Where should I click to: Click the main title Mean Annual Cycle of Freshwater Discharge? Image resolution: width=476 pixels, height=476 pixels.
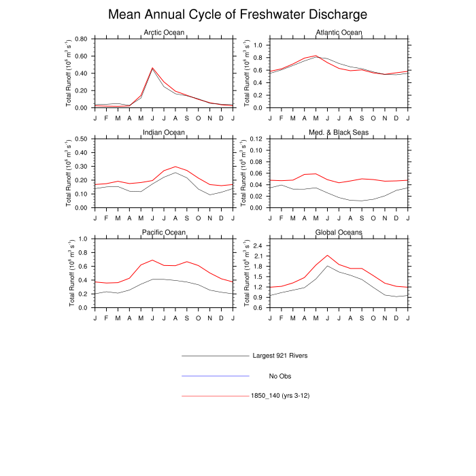238,14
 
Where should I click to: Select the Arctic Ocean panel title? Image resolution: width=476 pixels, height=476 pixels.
163,33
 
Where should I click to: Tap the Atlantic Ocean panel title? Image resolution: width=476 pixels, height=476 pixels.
339,33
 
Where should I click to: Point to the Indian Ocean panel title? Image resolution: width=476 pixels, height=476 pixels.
163,132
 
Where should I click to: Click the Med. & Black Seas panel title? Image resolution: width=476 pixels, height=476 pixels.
339,132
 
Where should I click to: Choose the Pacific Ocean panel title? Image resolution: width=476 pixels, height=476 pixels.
163,232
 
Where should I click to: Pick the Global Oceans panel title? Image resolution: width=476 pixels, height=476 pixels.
339,232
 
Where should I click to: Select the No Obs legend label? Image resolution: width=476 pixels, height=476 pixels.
281,375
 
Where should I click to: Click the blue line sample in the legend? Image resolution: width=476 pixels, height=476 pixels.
216,375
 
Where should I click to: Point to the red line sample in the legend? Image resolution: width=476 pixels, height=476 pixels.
216,395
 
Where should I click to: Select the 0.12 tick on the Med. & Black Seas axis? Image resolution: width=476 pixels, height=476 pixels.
256,139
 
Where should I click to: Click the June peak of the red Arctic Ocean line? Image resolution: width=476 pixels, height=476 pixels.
152,68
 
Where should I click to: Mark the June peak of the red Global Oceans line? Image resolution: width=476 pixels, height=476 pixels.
328,256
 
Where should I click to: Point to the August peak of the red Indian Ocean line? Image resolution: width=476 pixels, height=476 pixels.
175,167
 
